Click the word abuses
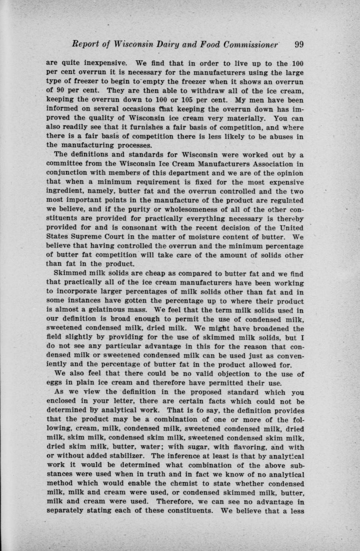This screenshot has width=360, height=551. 282,137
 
